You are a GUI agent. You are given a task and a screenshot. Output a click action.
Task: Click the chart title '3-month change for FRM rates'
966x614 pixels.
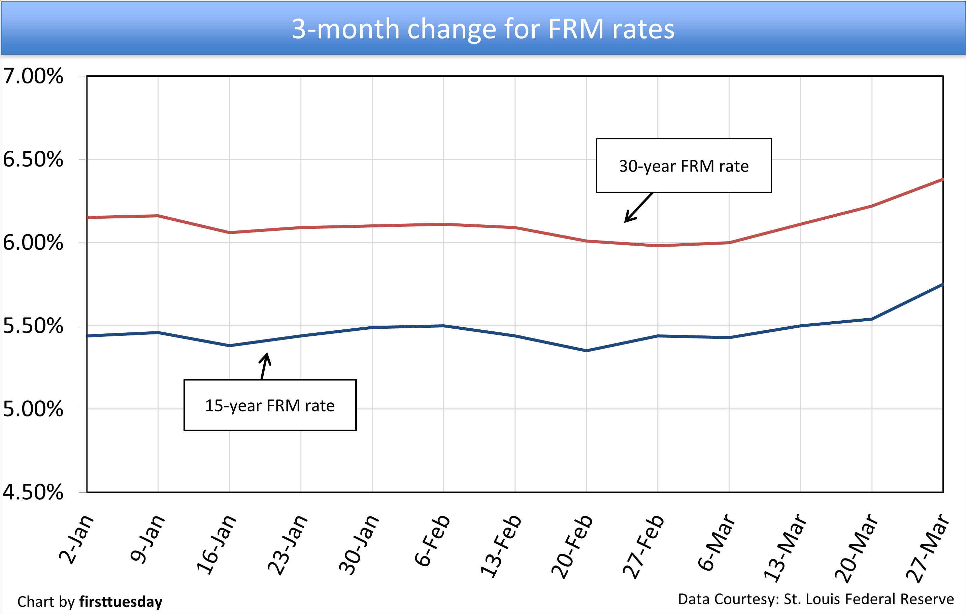pos(483,29)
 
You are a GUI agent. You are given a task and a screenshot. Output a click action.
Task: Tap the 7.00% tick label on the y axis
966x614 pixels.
pos(33,76)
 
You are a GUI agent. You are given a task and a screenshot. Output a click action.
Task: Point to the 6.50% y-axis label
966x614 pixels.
pos(33,159)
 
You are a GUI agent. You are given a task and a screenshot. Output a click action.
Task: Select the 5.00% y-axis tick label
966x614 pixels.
pos(33,409)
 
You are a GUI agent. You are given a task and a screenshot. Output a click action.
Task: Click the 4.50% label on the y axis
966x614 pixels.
pos(33,492)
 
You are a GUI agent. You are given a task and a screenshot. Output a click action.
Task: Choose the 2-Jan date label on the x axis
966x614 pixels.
pos(76,539)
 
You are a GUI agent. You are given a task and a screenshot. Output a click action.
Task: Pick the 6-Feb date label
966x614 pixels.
pos(432,540)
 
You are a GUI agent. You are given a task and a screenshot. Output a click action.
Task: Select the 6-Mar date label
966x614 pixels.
pos(717,542)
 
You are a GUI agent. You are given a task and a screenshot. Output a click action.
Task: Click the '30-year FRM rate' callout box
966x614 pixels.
pos(684,166)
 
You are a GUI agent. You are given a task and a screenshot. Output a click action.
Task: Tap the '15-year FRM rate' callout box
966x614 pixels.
pos(270,405)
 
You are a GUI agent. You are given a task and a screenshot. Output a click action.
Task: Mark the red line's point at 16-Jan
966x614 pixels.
pos(230,232)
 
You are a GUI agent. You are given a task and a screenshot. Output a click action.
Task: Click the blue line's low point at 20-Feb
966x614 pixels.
pos(586,351)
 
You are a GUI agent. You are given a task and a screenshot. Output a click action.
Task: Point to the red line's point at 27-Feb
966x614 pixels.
pos(658,246)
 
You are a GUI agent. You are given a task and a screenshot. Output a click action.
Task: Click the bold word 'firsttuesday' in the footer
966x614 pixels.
pos(121,602)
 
